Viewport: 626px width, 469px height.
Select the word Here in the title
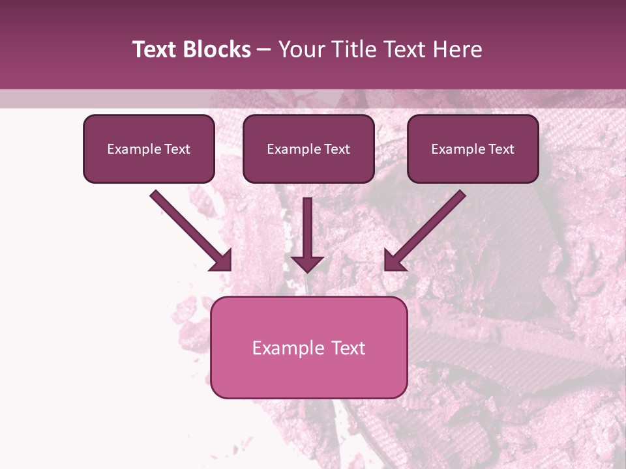pyautogui.click(x=458, y=50)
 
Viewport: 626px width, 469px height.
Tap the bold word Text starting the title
pyautogui.click(x=155, y=50)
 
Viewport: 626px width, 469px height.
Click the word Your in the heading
pyautogui.click(x=301, y=50)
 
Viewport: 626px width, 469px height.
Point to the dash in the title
pyautogui.click(x=264, y=50)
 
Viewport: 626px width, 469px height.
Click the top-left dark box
pyautogui.click(x=149, y=149)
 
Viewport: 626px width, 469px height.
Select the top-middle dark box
pyautogui.click(x=308, y=149)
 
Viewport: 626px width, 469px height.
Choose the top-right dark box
pyautogui.click(x=473, y=149)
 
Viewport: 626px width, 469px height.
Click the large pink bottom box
pyautogui.click(x=308, y=347)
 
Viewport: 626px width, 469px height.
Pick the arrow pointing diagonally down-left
pyautogui.click(x=425, y=230)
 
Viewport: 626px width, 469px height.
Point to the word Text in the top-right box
pyautogui.click(x=501, y=149)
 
